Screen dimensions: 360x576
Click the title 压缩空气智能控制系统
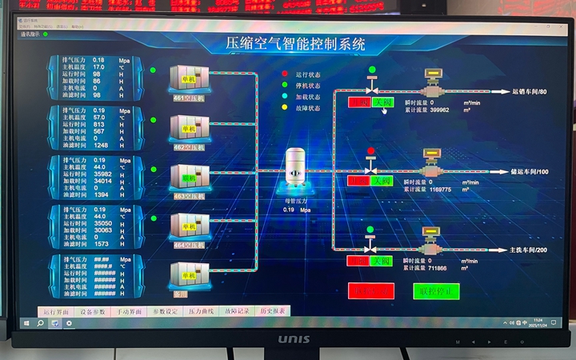295,44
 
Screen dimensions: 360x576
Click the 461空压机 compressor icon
190,79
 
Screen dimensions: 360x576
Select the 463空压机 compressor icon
190,178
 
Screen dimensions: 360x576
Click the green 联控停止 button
436,290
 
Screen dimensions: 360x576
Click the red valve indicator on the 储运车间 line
370,151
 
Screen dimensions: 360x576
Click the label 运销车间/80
530,92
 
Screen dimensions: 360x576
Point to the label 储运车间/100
530,172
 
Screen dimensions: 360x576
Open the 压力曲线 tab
201,310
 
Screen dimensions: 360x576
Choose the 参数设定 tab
166,310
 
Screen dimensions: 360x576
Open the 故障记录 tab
237,310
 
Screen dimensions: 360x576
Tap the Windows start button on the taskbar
26,323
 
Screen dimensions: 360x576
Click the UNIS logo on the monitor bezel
294,339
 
